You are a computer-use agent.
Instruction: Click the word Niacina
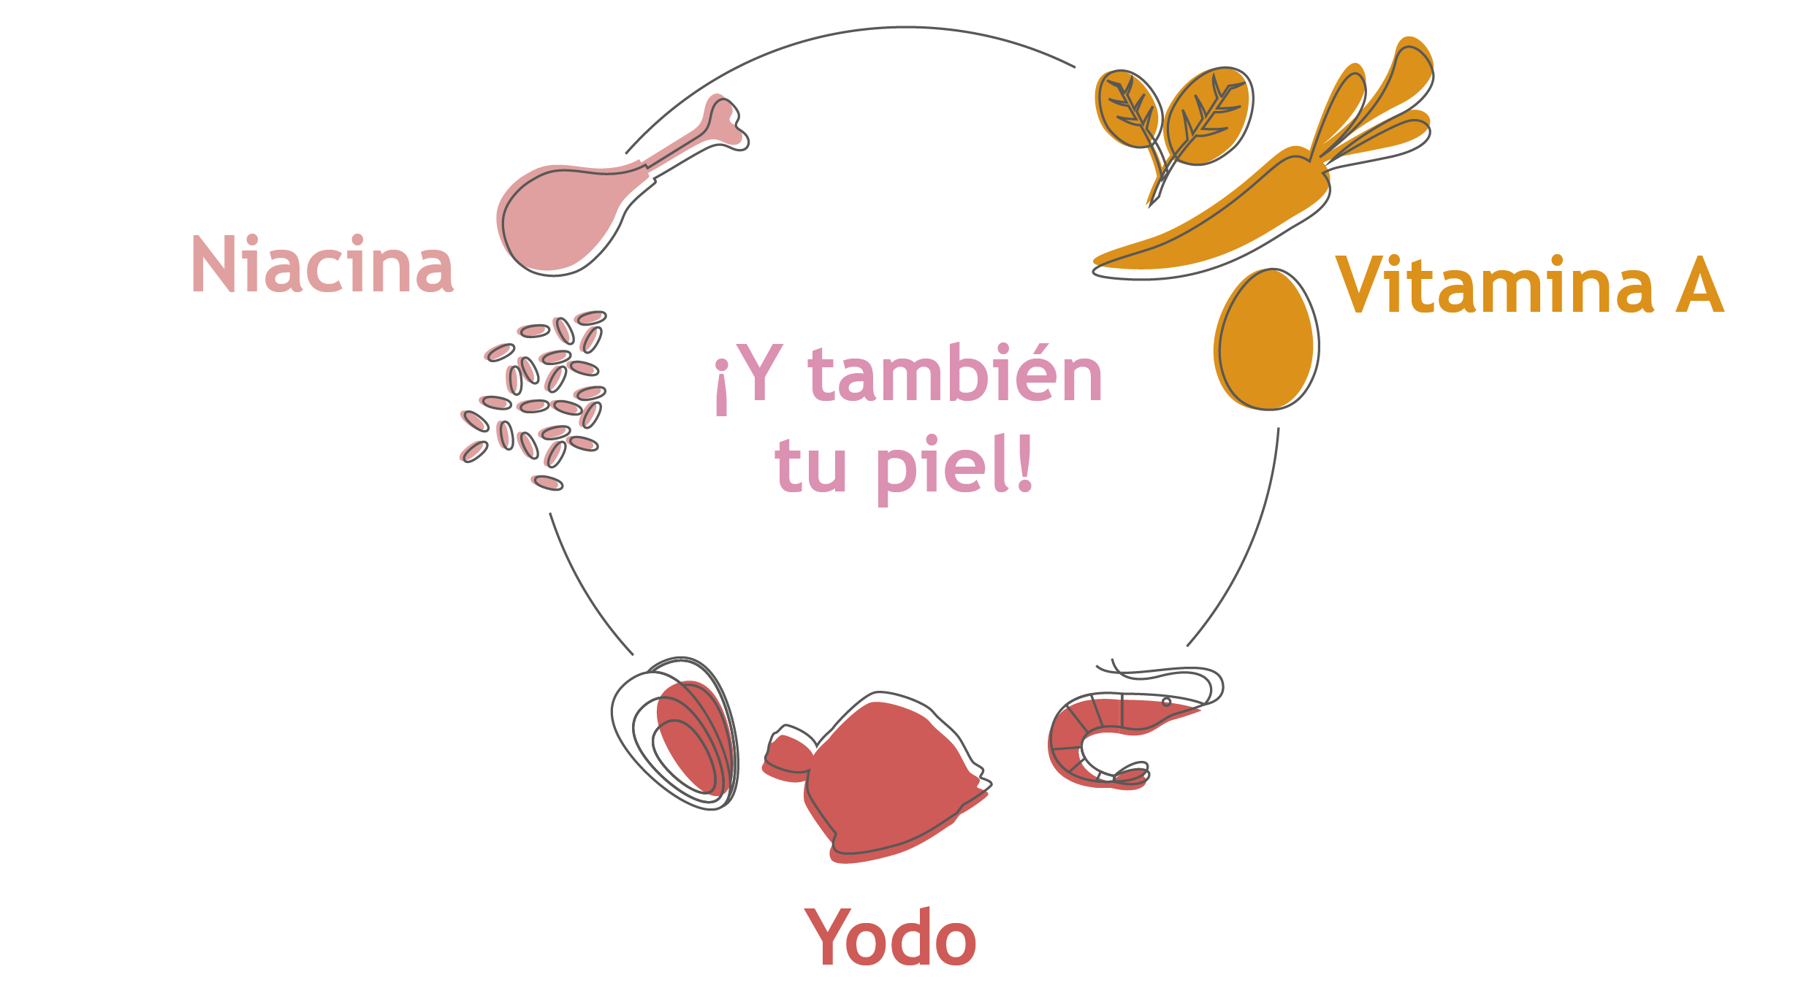pos(322,264)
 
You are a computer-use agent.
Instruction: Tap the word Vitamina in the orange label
pos(1494,285)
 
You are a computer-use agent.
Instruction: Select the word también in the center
pos(955,374)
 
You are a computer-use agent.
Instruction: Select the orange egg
pos(1266,340)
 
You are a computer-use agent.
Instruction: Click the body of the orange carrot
pos(1213,219)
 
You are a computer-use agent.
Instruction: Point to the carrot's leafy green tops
pos(1374,110)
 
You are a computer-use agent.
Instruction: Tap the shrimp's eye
pos(1167,702)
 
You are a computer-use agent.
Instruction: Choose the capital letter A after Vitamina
pos(1699,285)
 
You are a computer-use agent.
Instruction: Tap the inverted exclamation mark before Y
pos(722,387)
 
